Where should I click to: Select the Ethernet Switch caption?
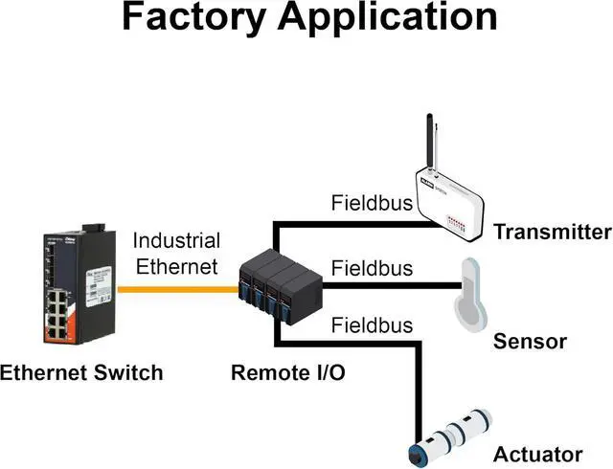[81, 371]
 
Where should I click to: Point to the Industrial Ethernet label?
[176, 253]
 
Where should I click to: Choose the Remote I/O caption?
[287, 371]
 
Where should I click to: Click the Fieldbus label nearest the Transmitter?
[372, 203]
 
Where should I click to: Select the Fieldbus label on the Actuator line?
[372, 325]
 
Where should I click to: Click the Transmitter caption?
[552, 232]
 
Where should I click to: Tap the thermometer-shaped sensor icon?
[470, 291]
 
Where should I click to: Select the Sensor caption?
[530, 342]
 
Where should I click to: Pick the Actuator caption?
[537, 454]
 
